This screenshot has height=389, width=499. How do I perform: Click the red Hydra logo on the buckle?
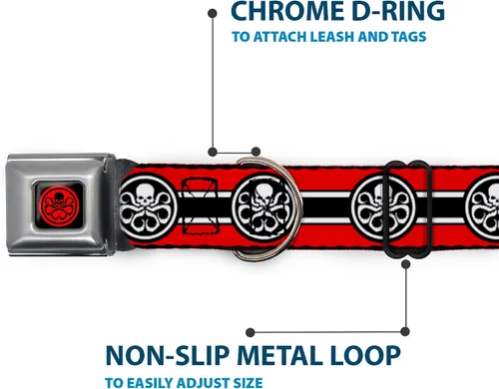pyautogui.click(x=59, y=205)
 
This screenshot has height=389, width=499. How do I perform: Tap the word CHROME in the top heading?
pyautogui.click(x=287, y=11)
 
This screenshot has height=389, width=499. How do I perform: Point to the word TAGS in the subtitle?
pyautogui.click(x=409, y=37)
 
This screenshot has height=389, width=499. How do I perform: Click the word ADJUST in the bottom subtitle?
pyautogui.click(x=201, y=383)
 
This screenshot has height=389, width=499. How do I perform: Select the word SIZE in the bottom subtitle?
pyautogui.click(x=246, y=383)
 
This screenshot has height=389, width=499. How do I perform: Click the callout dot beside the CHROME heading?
pyautogui.click(x=213, y=13)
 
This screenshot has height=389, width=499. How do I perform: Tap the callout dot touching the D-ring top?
pyautogui.click(x=255, y=152)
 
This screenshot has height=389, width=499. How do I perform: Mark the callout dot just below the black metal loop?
pyautogui.click(x=405, y=264)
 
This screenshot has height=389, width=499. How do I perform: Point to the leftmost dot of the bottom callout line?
pyautogui.click(x=250, y=332)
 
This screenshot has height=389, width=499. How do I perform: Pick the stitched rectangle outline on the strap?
pyautogui.click(x=200, y=206)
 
